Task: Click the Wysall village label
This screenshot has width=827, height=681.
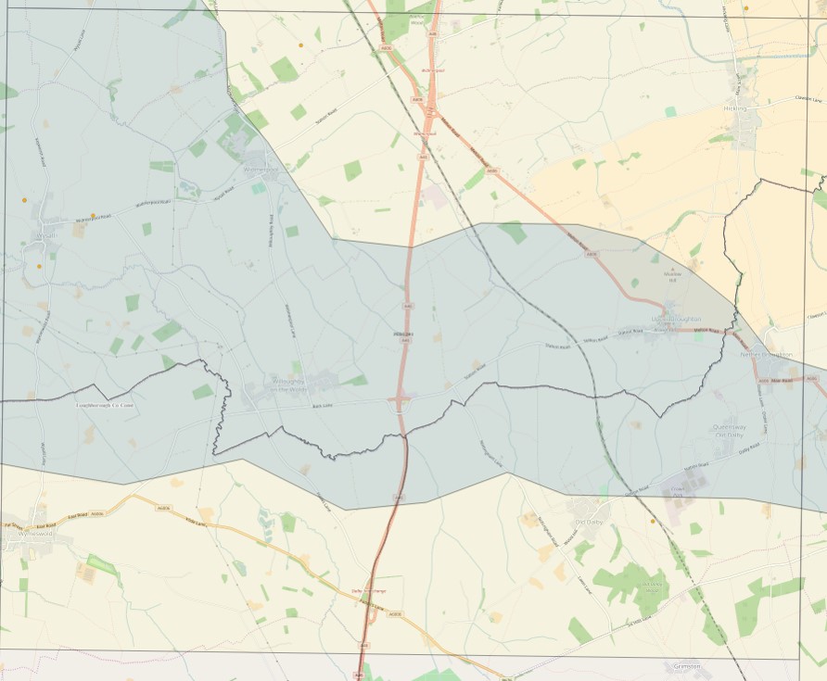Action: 45,234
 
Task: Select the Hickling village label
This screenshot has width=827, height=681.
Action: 734,109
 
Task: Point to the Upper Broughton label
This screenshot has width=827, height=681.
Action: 676,319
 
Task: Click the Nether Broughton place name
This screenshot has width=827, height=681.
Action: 766,355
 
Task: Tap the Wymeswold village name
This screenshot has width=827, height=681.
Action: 26,536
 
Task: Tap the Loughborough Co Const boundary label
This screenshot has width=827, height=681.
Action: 105,405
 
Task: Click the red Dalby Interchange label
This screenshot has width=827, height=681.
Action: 367,590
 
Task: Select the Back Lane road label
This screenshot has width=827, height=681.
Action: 322,406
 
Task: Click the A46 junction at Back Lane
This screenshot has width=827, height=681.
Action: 401,402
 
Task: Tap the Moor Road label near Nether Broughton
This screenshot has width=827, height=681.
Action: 783,380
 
